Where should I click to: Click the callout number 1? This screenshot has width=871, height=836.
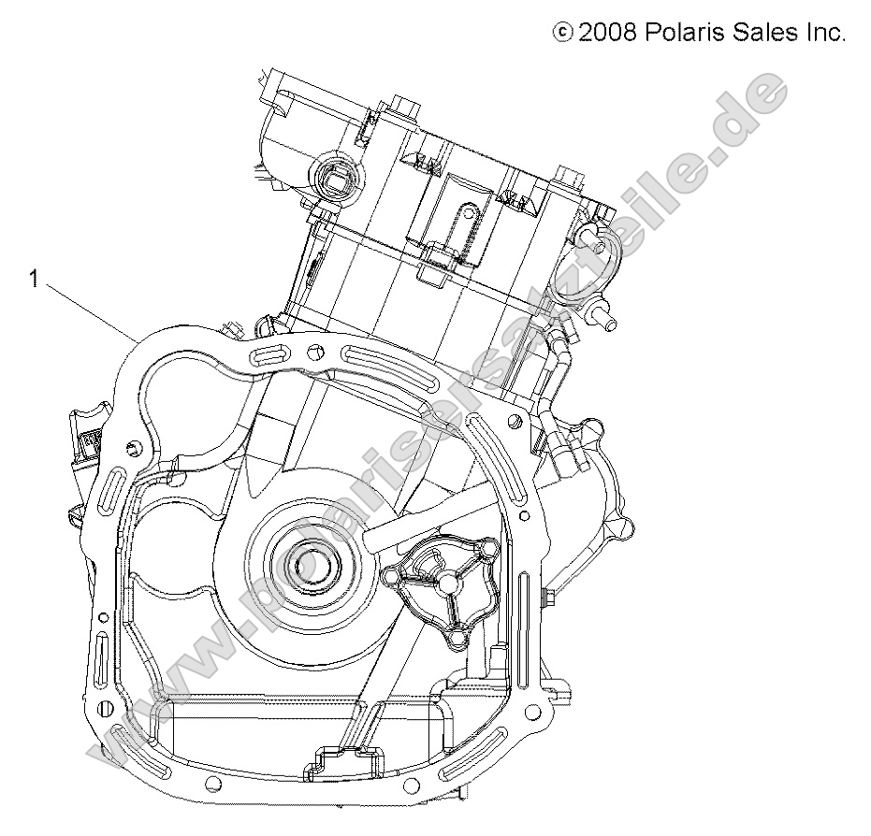click(35, 280)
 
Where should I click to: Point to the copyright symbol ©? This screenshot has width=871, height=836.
click(563, 34)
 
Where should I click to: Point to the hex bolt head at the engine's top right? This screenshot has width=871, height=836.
click(564, 177)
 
